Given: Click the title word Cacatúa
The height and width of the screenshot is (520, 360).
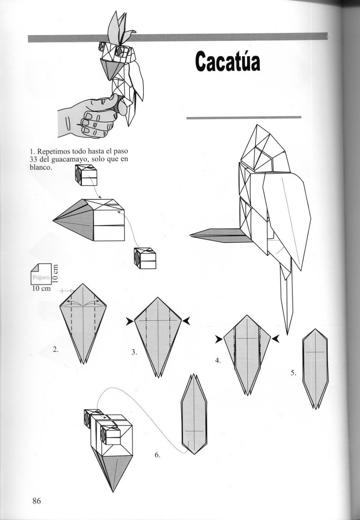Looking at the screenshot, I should (x=228, y=61).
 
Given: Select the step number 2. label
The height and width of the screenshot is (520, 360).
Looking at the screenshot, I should (x=56, y=350).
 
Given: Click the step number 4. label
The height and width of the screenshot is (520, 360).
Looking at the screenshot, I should (x=218, y=360).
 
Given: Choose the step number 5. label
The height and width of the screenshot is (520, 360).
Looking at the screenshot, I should (x=293, y=373).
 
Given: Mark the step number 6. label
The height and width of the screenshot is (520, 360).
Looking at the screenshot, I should (x=157, y=455).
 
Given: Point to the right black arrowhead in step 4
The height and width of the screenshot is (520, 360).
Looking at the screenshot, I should (x=276, y=339).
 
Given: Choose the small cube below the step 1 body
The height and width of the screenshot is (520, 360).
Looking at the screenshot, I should (x=145, y=258).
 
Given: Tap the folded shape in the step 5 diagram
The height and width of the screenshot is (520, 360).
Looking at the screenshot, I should (x=315, y=367).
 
